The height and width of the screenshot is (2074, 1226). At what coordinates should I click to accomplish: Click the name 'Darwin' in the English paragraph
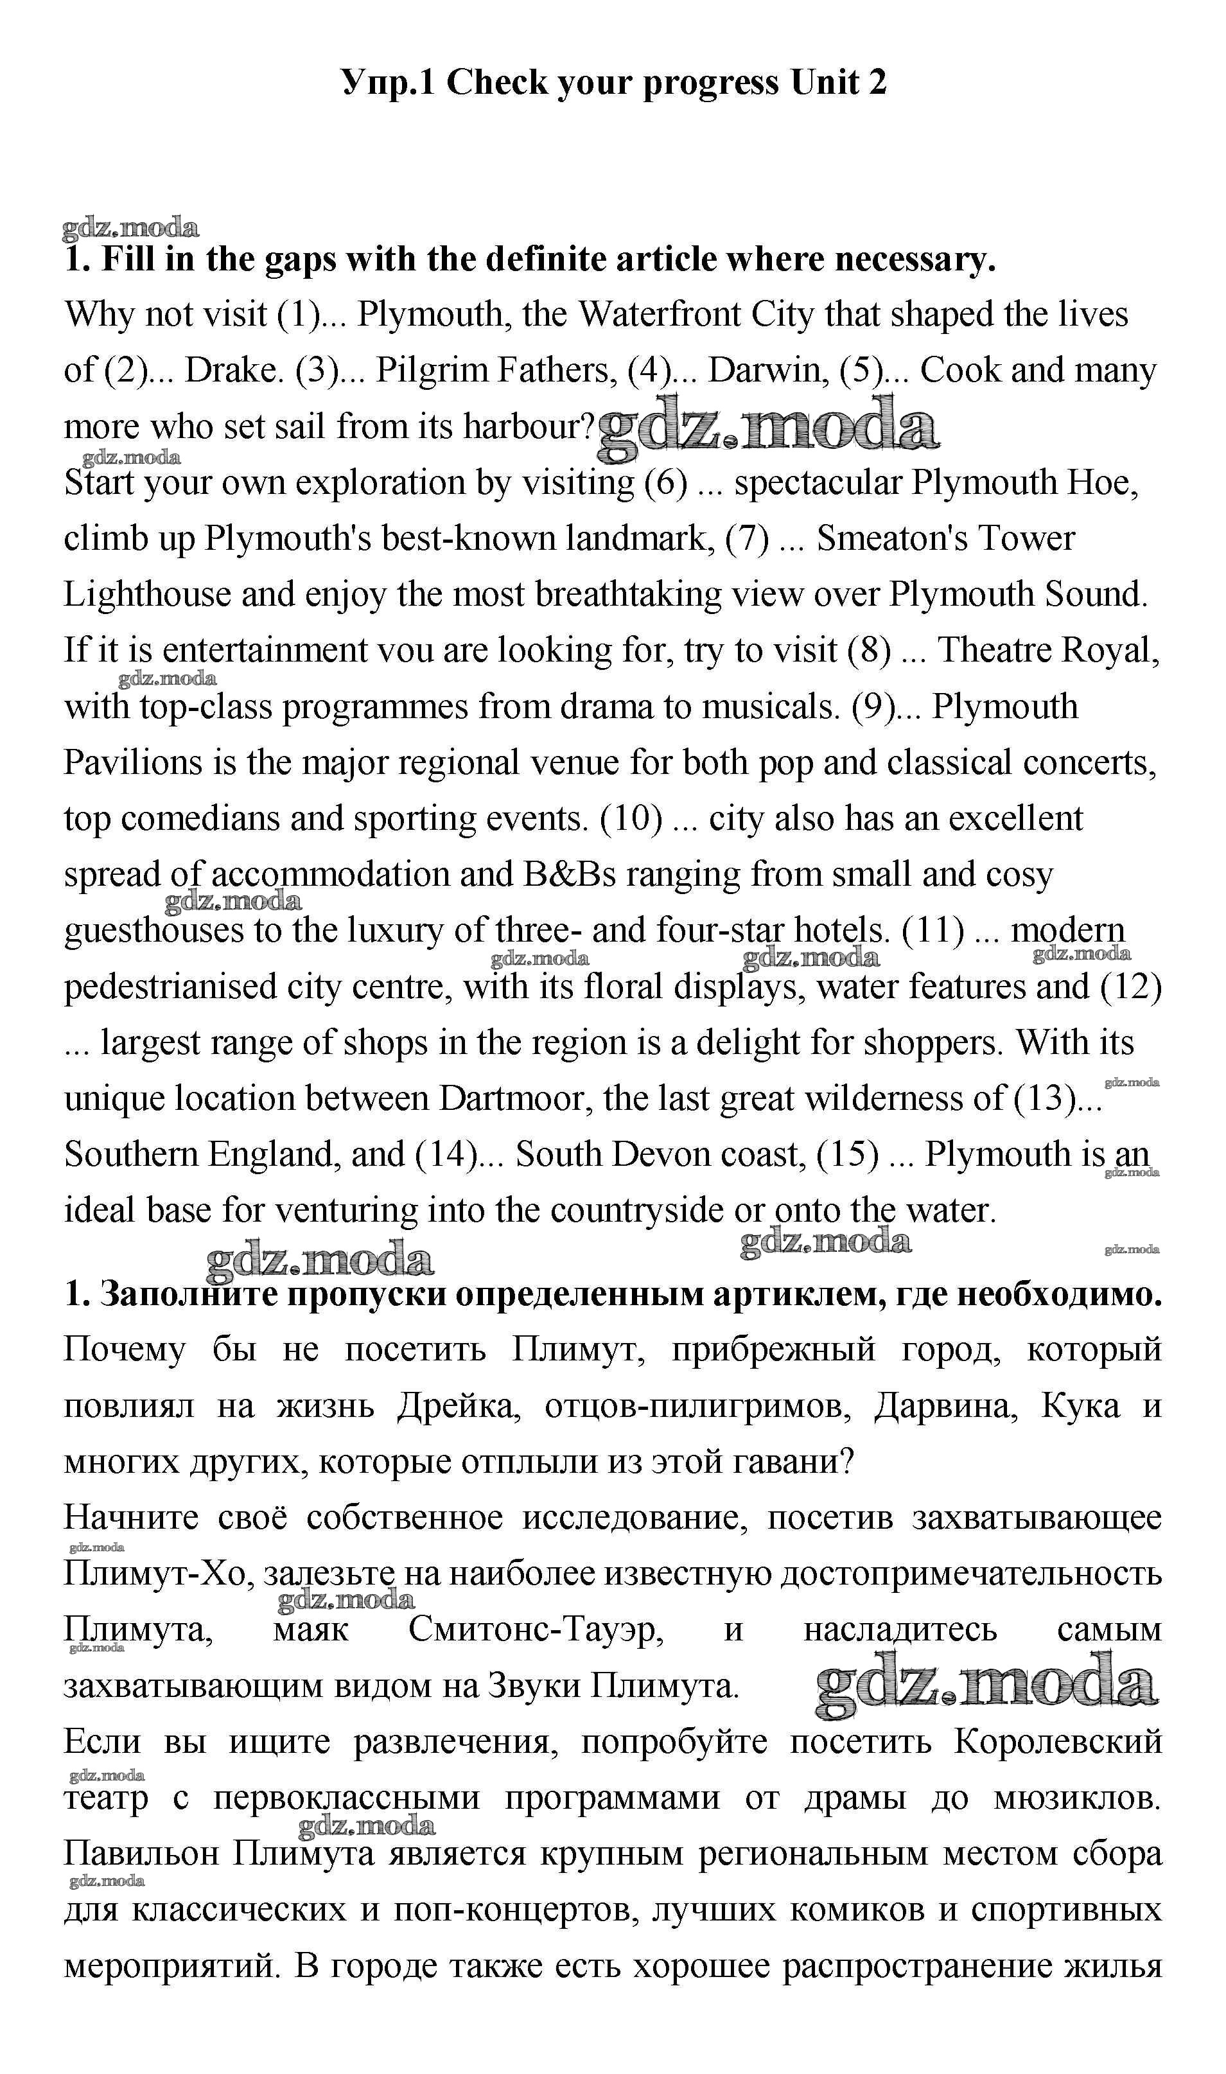pos(767,371)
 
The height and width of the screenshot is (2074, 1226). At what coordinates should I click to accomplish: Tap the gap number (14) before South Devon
pos(444,1155)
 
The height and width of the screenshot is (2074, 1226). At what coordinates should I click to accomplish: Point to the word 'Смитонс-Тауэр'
pos(536,1630)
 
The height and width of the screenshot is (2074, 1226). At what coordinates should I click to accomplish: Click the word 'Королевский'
pos(1058,1742)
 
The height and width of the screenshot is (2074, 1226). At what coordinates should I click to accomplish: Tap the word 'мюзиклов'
pos(1076,1798)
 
